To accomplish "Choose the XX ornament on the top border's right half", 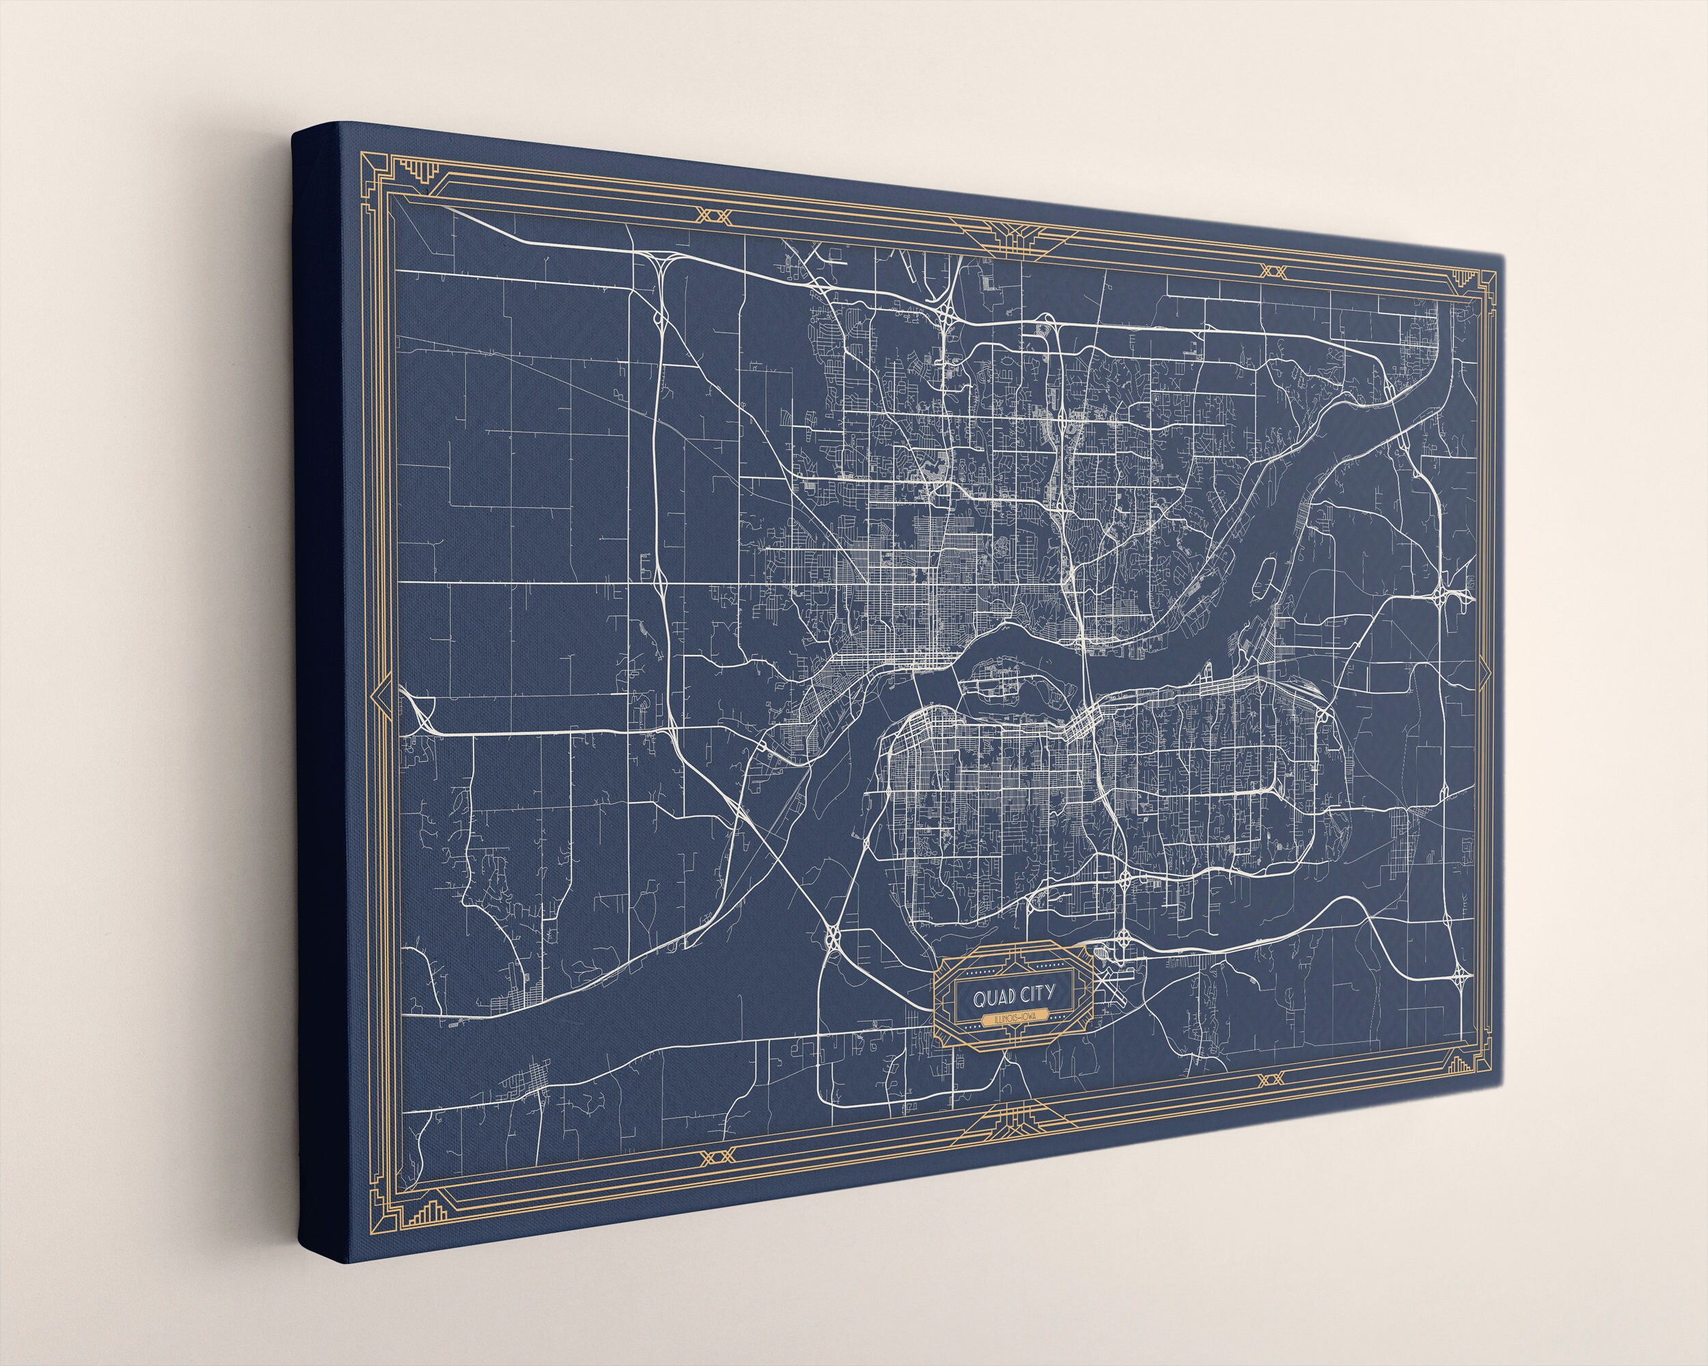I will pos(1272,271).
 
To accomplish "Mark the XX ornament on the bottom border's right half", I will pos(1270,1078).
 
